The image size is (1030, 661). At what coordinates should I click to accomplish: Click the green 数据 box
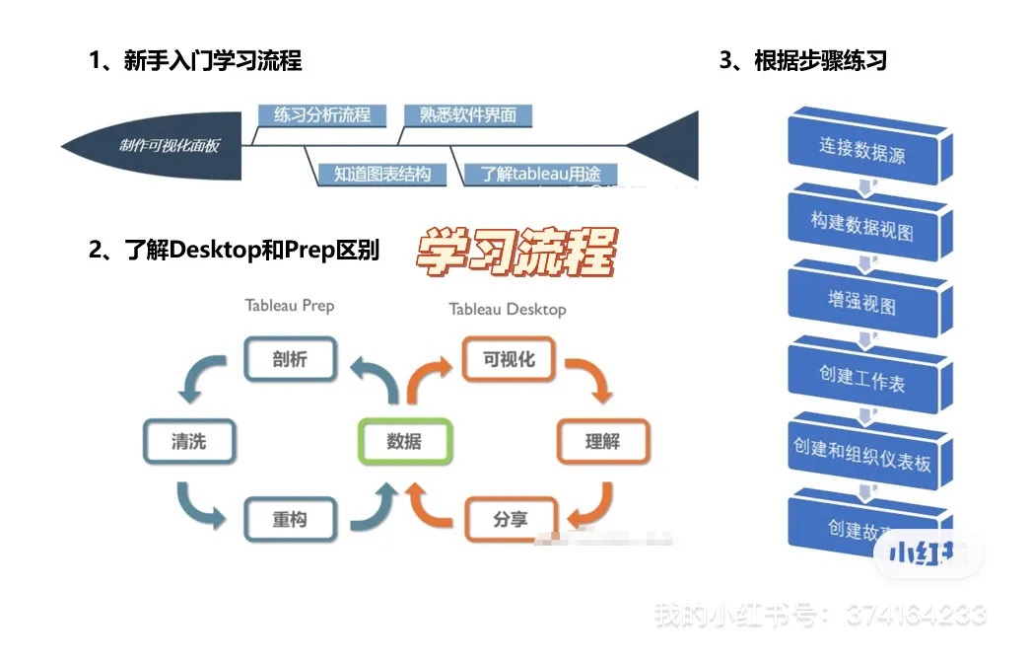pyautogui.click(x=404, y=441)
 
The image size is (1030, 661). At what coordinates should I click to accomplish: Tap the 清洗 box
pyautogui.click(x=189, y=441)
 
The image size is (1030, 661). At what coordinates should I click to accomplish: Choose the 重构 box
pyautogui.click(x=290, y=519)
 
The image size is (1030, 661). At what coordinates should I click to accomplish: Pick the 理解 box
pyautogui.click(x=602, y=441)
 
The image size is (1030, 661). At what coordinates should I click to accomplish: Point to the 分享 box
pyautogui.click(x=510, y=519)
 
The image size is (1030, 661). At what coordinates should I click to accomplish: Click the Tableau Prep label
pyautogui.click(x=290, y=305)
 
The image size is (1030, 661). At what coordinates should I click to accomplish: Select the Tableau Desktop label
pyautogui.click(x=508, y=309)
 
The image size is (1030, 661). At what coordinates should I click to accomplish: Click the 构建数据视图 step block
pyautogui.click(x=862, y=226)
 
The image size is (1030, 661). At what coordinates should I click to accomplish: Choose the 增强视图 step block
pyautogui.click(x=862, y=302)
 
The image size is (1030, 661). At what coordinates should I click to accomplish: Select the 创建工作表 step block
pyautogui.click(x=862, y=378)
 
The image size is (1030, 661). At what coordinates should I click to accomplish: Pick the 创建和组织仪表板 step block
pyautogui.click(x=862, y=454)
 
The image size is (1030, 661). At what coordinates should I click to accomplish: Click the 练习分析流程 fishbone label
pyautogui.click(x=321, y=115)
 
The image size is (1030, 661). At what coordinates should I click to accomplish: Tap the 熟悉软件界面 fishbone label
pyautogui.click(x=468, y=115)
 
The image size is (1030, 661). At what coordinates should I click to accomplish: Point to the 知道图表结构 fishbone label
pyautogui.click(x=381, y=175)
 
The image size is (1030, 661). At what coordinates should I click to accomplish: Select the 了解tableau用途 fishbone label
pyautogui.click(x=540, y=175)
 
